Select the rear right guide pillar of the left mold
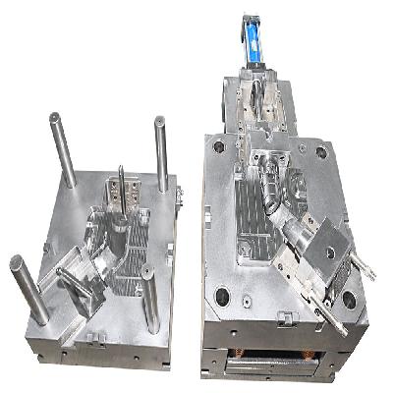pos(159,152)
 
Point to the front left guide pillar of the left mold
pos(28,289)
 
